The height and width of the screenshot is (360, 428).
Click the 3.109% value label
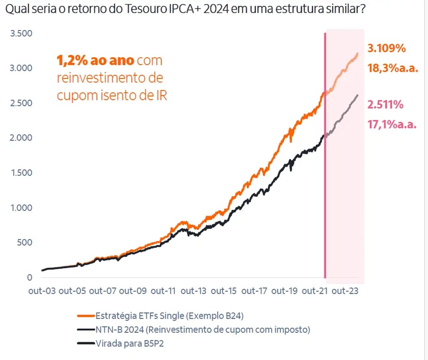pyautogui.click(x=386, y=48)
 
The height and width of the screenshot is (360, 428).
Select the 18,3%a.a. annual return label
pyautogui.click(x=392, y=68)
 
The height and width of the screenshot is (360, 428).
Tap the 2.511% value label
pyautogui.click(x=385, y=105)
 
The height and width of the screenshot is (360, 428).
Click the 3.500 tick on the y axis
pyautogui.click(x=21, y=33)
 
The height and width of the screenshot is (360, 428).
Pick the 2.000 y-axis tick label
pyautogui.click(x=21, y=138)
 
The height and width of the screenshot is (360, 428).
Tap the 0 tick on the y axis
pyautogui.click(x=29, y=277)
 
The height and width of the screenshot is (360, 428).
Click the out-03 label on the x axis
pyautogui.click(x=42, y=291)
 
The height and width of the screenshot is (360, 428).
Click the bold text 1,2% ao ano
pyautogui.click(x=96, y=61)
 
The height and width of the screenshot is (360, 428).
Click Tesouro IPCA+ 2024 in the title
pyautogui.click(x=159, y=9)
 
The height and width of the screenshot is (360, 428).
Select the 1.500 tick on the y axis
pyautogui.click(x=21, y=172)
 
